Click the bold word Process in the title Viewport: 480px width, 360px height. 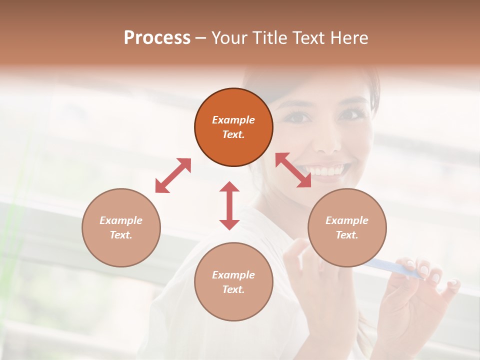click(x=157, y=37)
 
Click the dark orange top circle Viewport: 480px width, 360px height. click(x=233, y=127)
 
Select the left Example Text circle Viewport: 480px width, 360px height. click(x=121, y=227)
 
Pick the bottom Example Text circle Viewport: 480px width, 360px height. click(x=233, y=282)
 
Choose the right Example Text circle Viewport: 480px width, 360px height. click(x=347, y=227)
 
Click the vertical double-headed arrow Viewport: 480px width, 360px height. click(x=229, y=205)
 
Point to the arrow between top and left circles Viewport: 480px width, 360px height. click(x=173, y=175)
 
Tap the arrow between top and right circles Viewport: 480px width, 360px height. click(x=293, y=170)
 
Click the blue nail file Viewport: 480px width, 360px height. click(x=395, y=269)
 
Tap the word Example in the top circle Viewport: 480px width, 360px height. click(x=233, y=120)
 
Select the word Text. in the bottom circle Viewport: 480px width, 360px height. click(x=233, y=289)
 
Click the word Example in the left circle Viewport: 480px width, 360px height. click(x=121, y=220)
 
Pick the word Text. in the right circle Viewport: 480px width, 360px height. click(x=347, y=235)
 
